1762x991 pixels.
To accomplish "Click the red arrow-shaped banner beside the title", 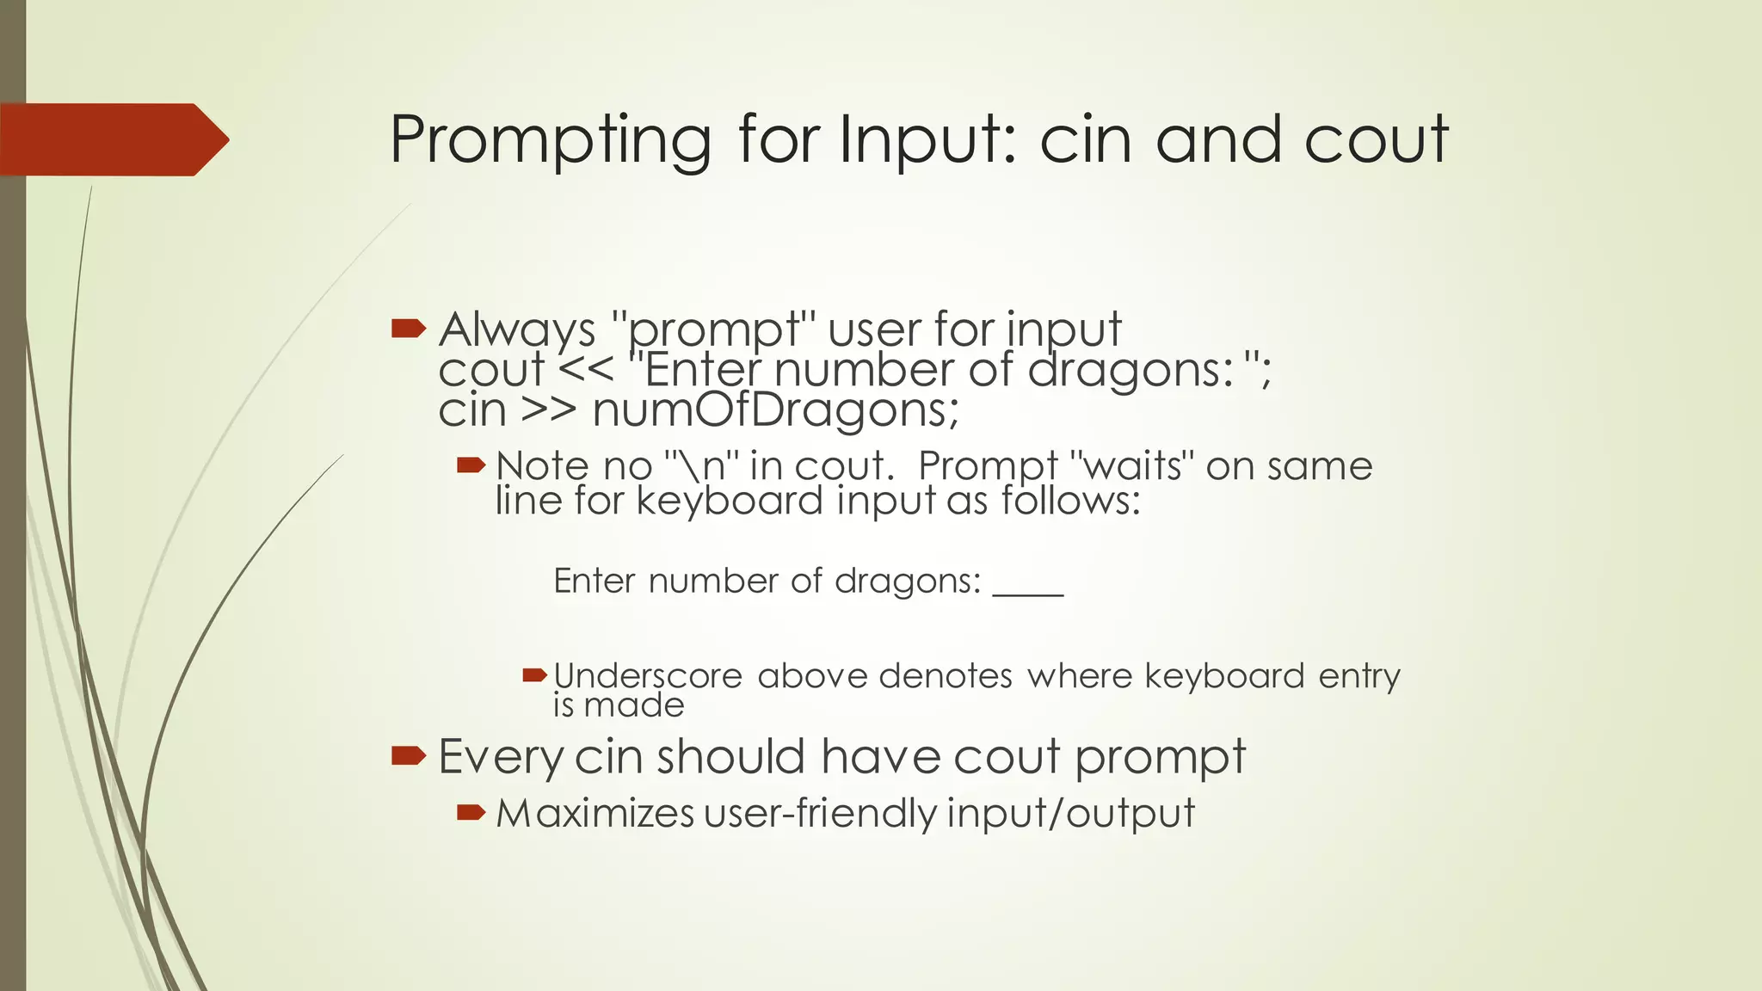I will [112, 139].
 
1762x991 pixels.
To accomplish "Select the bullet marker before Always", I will [409, 328].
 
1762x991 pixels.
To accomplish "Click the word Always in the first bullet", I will [517, 329].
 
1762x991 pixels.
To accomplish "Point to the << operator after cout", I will [586, 371].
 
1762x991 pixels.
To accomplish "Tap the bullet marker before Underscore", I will [535, 675].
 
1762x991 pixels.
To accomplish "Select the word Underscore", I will [648, 676].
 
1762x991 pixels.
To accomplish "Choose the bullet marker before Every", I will [409, 756].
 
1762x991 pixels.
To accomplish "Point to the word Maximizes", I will [595, 814].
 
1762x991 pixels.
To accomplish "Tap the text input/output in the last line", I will [1071, 814].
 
